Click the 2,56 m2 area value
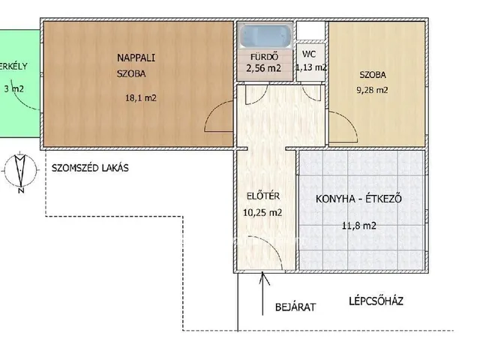tap(263, 68)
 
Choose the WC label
tap(308, 55)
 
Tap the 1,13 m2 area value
tap(310, 67)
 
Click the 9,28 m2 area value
tap(373, 91)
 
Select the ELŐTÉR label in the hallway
tap(262, 196)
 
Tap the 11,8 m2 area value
tap(359, 224)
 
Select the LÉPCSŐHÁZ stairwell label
tap(376, 301)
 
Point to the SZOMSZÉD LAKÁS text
tap(91, 169)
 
